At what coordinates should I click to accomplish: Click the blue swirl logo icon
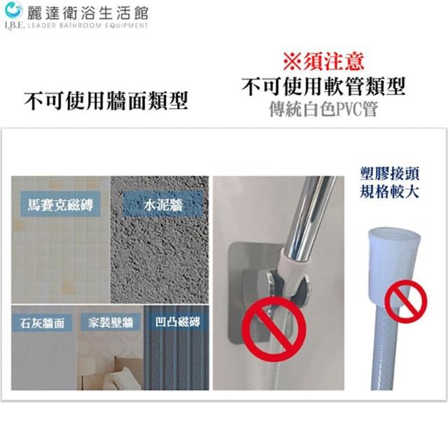[x=13, y=11]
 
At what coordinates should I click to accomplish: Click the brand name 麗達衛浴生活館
[x=87, y=13]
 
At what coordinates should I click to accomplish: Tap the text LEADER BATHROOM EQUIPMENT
[x=87, y=26]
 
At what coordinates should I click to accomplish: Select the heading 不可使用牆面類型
[x=106, y=101]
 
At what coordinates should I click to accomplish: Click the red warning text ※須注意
[x=323, y=62]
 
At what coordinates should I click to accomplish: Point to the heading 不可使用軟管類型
[x=323, y=87]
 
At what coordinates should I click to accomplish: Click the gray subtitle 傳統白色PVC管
[x=323, y=109]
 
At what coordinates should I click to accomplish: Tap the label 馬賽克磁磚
[x=60, y=204]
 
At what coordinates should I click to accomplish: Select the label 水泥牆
[x=163, y=205]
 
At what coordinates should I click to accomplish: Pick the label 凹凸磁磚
[x=177, y=322]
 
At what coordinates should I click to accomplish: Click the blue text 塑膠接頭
[x=389, y=174]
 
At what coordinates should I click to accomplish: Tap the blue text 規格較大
[x=389, y=191]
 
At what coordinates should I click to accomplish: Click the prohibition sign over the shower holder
[x=274, y=329]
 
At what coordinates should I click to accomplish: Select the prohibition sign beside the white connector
[x=406, y=302]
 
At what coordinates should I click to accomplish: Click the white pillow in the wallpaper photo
[x=120, y=377]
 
